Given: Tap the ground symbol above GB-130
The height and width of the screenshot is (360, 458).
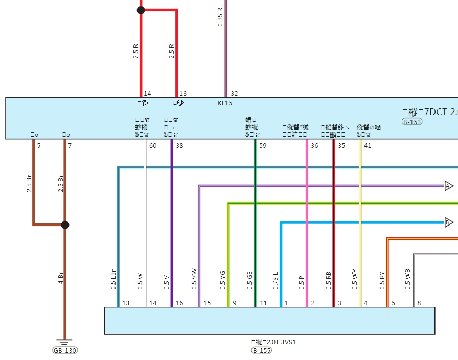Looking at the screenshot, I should [x=64, y=342].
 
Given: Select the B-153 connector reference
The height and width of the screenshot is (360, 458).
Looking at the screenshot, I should [x=411, y=122].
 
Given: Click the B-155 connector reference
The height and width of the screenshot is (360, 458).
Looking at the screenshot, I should [x=261, y=350].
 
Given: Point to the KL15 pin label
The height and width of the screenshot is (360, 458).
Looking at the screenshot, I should [x=225, y=103].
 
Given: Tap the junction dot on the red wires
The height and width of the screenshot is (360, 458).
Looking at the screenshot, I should [x=141, y=10].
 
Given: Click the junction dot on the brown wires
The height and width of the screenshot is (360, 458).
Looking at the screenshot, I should [x=65, y=224].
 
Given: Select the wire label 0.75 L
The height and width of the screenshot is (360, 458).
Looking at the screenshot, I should [x=276, y=281].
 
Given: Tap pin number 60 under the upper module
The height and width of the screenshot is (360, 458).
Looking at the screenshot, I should [x=153, y=146].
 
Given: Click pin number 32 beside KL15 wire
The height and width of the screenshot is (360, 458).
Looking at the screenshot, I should [x=234, y=94].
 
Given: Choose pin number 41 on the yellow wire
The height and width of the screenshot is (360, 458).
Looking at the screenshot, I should [x=368, y=146].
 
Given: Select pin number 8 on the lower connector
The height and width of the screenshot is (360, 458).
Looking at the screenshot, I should [x=419, y=303].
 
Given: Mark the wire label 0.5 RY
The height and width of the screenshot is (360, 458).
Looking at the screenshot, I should [x=382, y=281].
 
